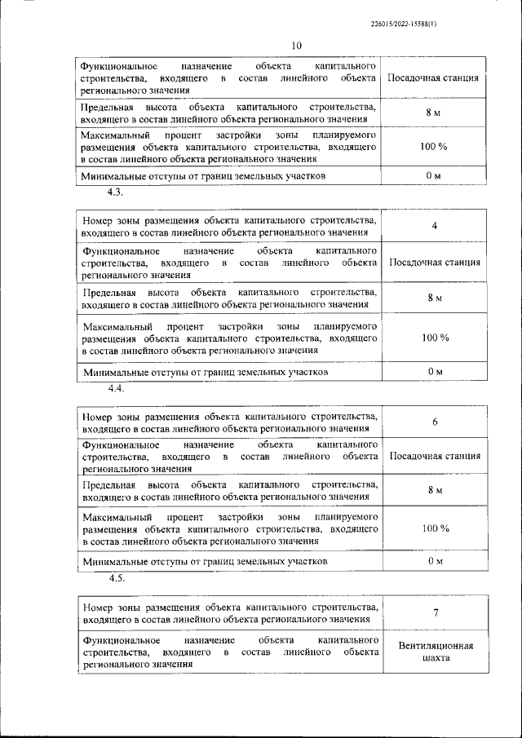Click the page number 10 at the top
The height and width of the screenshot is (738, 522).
tap(296, 45)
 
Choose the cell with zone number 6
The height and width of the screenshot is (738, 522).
tap(435, 422)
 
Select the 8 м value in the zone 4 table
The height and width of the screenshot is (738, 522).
tap(435, 298)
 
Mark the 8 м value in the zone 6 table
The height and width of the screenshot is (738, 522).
tap(435, 489)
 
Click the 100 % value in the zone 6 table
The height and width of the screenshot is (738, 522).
tap(435, 528)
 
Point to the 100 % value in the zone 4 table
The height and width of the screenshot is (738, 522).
tap(435, 338)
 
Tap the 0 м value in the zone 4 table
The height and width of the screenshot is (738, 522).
tap(435, 371)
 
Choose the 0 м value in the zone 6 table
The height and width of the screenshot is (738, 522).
tap(435, 561)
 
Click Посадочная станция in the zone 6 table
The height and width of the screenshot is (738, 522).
tap(434, 456)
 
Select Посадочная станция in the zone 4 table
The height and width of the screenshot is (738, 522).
tap(434, 263)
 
